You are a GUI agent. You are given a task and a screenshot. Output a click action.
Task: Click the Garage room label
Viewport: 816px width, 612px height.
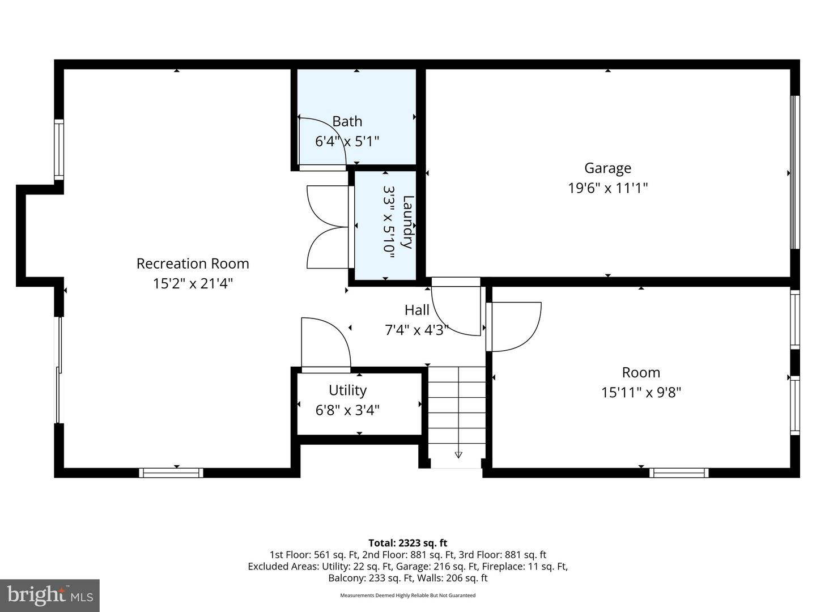[607, 168]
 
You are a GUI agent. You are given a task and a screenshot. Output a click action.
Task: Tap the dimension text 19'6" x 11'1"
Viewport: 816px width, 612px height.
[607, 188]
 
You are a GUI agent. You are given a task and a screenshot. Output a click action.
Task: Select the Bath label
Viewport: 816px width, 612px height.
[347, 121]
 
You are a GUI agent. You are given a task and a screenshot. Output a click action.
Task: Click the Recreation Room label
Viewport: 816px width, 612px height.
[193, 263]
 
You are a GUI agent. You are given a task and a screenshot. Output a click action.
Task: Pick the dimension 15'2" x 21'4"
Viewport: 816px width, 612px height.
[193, 283]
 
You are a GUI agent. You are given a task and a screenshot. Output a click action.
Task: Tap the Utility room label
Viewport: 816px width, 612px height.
[347, 390]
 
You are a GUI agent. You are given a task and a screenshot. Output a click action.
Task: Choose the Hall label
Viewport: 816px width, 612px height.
[416, 310]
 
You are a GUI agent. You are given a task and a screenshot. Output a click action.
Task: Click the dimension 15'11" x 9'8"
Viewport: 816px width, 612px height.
[641, 392]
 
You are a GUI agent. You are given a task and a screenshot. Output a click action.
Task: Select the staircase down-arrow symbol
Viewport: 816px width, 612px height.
[458, 454]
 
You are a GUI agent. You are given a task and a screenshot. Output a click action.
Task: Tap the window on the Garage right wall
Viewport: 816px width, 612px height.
[794, 172]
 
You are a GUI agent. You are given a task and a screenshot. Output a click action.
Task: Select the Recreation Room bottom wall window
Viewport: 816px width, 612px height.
[171, 473]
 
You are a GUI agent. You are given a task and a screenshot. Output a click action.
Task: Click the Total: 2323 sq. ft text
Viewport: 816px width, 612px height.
[407, 543]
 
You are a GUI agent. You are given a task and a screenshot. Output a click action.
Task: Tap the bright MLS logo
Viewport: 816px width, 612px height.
[50, 595]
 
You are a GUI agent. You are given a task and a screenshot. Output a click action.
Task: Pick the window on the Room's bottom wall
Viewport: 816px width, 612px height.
[678, 473]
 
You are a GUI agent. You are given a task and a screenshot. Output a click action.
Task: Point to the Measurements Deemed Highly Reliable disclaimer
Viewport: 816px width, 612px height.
[407, 596]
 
